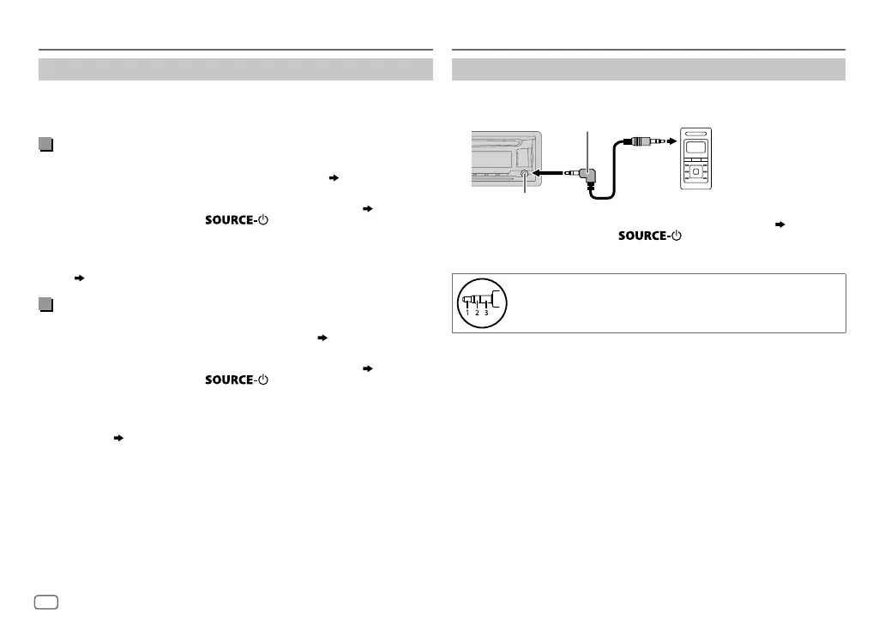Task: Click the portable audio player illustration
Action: point(695,159)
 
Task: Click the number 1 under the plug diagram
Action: point(467,313)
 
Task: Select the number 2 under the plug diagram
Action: point(477,313)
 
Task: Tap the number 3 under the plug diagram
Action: point(486,313)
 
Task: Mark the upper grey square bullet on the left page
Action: point(45,146)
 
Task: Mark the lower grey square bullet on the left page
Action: point(45,305)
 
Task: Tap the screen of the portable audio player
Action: point(695,147)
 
